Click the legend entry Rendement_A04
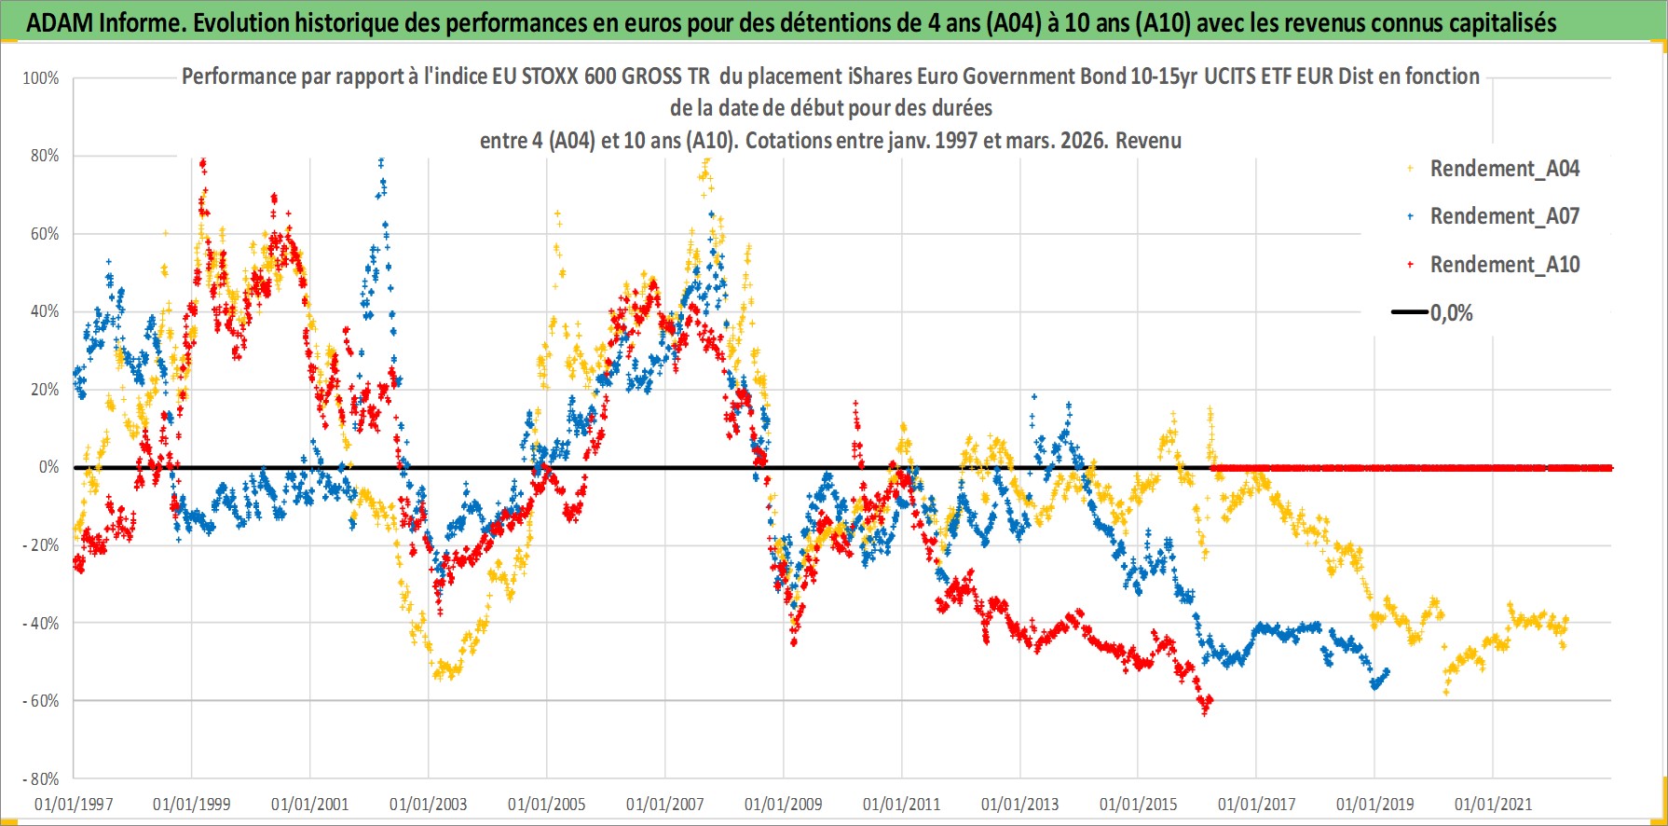tap(1504, 169)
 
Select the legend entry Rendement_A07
tap(1504, 216)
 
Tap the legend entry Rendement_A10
tap(1504, 265)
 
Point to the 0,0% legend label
tap(1451, 313)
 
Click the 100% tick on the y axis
tap(41, 78)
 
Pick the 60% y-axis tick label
tap(45, 234)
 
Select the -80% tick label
tap(41, 778)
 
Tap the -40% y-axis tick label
tap(41, 623)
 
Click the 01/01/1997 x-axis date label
tap(74, 804)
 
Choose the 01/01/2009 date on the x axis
tap(784, 804)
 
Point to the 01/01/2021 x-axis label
tap(1493, 804)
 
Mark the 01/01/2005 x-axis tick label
tap(547, 804)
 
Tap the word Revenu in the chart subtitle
tap(1148, 141)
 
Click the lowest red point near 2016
tap(1204, 709)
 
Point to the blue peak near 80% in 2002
tap(380, 164)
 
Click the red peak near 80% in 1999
tap(202, 166)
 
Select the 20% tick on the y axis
tap(45, 390)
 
